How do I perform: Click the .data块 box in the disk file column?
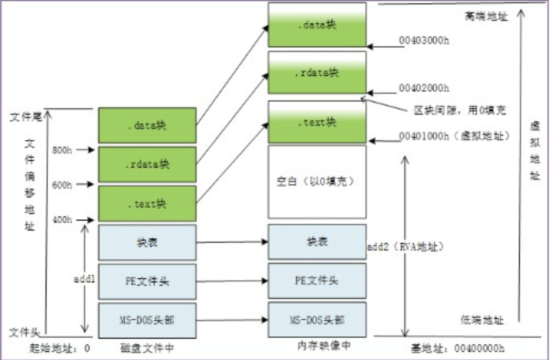point(147,125)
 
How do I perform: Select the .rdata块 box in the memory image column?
point(317,73)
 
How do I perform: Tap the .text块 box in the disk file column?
point(147,203)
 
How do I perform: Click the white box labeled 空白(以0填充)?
point(317,182)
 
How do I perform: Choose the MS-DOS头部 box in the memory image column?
point(317,320)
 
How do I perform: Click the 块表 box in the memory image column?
point(317,242)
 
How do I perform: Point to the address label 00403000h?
point(423,41)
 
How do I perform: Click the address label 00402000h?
point(423,88)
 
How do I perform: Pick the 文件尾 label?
point(24,117)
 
